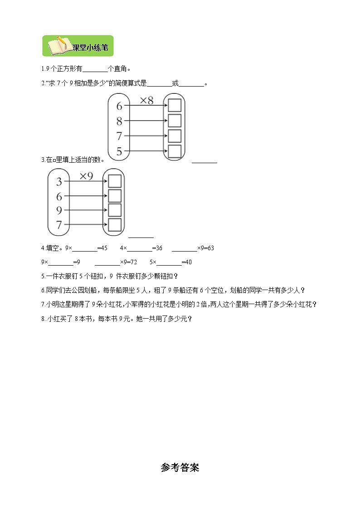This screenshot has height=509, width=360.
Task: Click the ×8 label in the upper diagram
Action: tap(146, 101)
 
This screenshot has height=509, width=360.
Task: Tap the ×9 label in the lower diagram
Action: tap(86, 176)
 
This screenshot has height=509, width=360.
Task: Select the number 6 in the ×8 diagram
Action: tap(119, 106)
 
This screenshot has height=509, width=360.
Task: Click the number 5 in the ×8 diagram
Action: tap(119, 152)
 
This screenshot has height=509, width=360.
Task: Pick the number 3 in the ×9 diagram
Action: tap(59, 182)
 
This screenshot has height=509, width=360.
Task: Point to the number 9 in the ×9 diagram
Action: tap(59, 210)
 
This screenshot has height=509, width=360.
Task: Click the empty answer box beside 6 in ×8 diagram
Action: tap(175, 106)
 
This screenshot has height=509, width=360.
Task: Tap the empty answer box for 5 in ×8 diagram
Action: tap(175, 151)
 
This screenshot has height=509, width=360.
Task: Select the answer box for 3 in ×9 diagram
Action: tap(115, 181)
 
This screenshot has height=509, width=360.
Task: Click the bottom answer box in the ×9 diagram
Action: tap(115, 224)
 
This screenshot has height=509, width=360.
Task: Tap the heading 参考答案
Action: tap(180, 468)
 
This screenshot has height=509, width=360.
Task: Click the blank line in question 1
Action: tap(95, 69)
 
